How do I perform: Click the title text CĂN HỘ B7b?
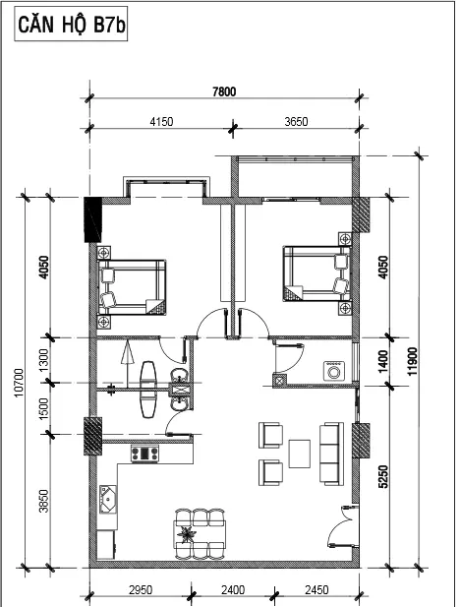71,24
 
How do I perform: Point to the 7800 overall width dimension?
224,91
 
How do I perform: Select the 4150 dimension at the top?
161,122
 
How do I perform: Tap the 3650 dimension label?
296,122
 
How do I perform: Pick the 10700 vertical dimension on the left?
19,383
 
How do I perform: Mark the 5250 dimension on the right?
383,476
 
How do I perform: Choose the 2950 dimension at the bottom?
141,590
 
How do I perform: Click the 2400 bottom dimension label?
233,590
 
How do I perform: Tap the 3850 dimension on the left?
44,501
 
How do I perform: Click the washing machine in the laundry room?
334,372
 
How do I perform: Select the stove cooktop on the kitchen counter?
144,454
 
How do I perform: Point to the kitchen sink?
108,500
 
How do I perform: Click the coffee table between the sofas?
300,454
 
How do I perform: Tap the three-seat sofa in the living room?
331,454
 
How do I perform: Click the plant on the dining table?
187,534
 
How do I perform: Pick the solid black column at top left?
92,219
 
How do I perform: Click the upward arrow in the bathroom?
127,364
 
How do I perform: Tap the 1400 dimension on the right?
383,361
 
